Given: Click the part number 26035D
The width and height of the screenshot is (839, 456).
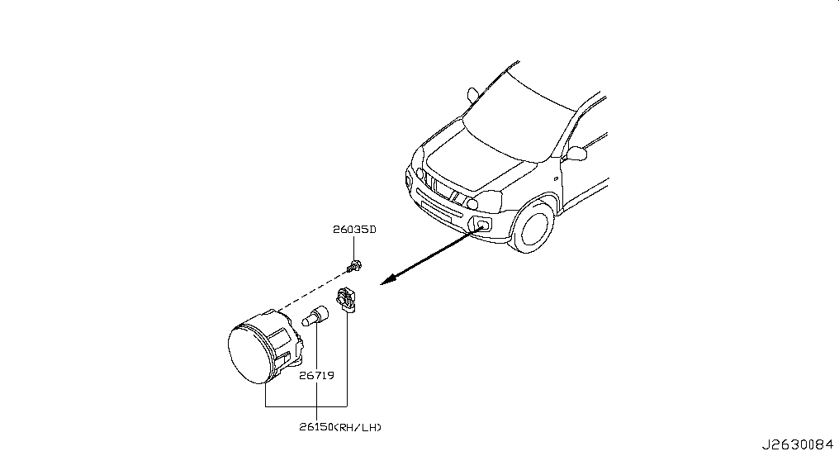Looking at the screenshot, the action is point(354,230).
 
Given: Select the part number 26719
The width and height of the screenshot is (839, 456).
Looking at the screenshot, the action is point(317,376).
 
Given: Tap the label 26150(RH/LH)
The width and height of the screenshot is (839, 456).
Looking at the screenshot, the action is point(340,427).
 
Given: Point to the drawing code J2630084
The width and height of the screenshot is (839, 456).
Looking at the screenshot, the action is point(797,444).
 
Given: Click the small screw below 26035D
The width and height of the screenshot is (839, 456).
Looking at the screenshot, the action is point(353,265).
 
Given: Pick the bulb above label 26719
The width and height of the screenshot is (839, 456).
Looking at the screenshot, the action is point(315,316).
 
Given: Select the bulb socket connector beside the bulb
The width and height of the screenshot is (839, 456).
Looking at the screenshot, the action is point(346,300).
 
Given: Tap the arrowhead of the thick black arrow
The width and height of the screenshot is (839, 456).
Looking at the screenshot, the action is point(388,279).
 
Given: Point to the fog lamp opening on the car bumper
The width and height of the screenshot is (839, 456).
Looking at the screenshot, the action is point(481,224).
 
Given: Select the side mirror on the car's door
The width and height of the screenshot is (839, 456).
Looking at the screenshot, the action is point(576,154).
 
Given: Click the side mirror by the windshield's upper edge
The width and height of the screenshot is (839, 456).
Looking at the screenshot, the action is point(472,95).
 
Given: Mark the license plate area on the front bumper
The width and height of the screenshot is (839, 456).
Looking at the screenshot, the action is point(436,211).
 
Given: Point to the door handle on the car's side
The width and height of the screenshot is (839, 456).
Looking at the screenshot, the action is point(557,178).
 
